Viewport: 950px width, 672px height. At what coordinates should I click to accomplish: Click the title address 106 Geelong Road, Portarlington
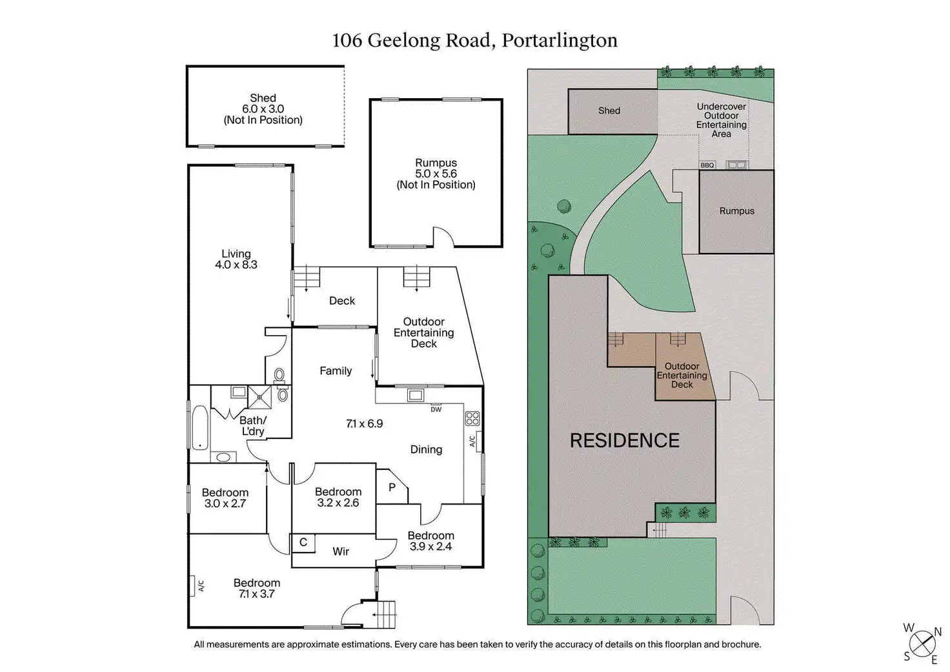(x=474, y=41)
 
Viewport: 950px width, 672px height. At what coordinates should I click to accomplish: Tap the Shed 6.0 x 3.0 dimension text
(x=263, y=109)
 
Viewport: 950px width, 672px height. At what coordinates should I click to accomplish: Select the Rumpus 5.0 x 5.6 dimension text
(x=436, y=174)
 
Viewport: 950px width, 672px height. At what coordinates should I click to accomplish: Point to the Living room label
(x=236, y=254)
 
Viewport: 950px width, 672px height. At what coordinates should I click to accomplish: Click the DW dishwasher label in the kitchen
(x=436, y=409)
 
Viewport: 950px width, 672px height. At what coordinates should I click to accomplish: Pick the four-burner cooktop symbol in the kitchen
(x=472, y=418)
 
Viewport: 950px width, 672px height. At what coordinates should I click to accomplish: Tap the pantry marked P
(x=392, y=487)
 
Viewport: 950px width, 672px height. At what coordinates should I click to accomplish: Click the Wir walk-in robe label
(x=341, y=551)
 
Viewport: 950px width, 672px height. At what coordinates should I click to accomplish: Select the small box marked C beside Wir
(x=303, y=543)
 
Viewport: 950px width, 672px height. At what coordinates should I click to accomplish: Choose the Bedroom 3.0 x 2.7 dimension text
(x=225, y=504)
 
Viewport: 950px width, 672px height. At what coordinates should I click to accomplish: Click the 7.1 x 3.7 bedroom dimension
(x=257, y=594)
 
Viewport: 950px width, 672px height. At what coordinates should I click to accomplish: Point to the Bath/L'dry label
(x=252, y=425)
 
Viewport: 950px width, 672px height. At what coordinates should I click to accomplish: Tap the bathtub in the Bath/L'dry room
(x=198, y=427)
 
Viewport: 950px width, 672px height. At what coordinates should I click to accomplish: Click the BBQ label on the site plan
(x=707, y=165)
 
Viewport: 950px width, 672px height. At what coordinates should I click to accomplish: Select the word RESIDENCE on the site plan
(x=625, y=441)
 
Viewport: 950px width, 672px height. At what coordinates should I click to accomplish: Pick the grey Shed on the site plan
(x=609, y=111)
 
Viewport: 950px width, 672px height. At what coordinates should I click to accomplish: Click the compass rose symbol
(x=922, y=643)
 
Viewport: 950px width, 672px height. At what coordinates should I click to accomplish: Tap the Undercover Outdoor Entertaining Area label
(x=722, y=120)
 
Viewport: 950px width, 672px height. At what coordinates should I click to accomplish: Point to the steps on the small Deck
(x=307, y=278)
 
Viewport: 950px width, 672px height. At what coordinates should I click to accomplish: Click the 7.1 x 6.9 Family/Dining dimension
(x=365, y=423)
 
